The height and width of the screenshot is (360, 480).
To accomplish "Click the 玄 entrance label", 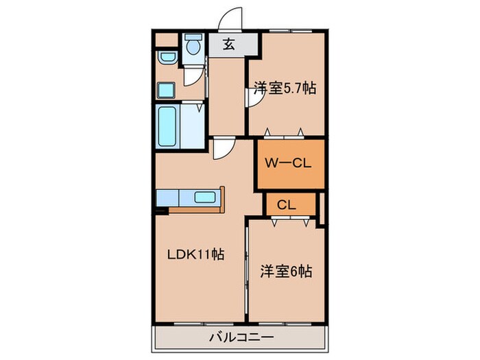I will click(229, 46).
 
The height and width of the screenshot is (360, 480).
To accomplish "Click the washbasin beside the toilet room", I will click(166, 58).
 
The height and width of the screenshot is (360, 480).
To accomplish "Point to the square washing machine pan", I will click(167, 89).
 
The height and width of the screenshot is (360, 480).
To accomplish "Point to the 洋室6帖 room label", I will click(285, 272).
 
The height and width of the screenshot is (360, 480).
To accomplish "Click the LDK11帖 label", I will click(196, 254).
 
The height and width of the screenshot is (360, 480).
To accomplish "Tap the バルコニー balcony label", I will click(241, 337).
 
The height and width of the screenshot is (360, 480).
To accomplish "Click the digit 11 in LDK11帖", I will click(204, 254).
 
